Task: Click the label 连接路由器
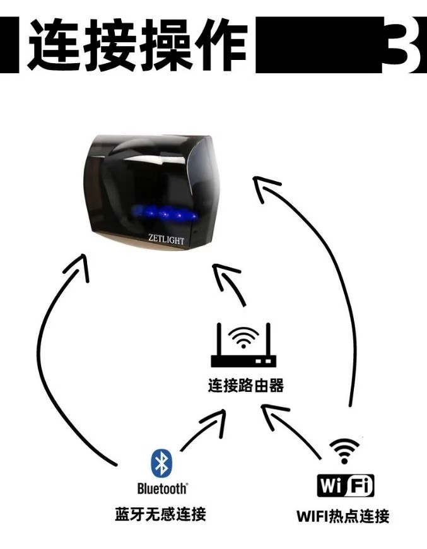[246, 385]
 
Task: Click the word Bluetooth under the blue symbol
[162, 488]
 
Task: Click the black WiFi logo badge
[345, 486]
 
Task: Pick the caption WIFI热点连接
[343, 516]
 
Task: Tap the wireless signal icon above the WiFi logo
[344, 451]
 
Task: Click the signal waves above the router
[242, 338]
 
